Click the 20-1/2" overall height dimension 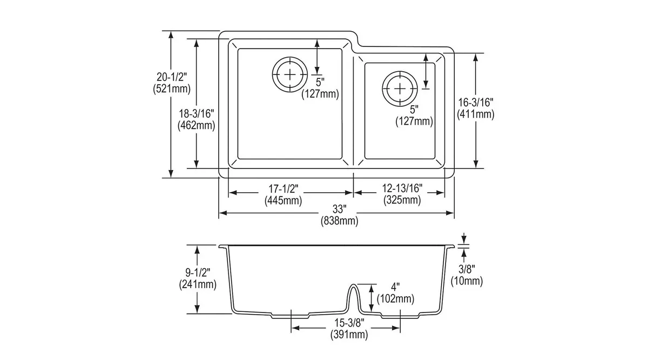click(172, 77)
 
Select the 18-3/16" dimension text click(197, 114)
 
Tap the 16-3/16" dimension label click(476, 103)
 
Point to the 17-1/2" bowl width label click(283, 189)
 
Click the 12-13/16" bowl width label click(402, 188)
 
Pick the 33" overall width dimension click(339, 209)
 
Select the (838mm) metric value click(339, 221)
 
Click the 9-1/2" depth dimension click(198, 272)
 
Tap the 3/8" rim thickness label click(467, 269)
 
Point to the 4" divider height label click(395, 287)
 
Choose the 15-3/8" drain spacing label click(349, 322)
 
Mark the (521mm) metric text click(172, 89)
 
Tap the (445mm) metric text click(283, 201)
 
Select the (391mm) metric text click(349, 335)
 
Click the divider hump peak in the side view click(354, 285)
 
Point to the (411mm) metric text click(476, 114)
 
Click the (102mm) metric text click(395, 298)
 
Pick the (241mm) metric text click(198, 284)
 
